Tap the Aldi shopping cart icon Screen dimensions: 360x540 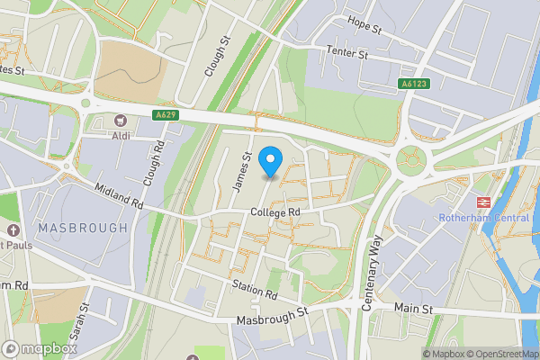click(121, 120)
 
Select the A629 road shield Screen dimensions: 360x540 click(165, 114)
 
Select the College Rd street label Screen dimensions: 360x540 click(275, 212)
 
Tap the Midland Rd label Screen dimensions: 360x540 click(120, 196)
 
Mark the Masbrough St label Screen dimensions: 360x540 click(272, 316)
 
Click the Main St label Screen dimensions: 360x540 click(414, 309)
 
